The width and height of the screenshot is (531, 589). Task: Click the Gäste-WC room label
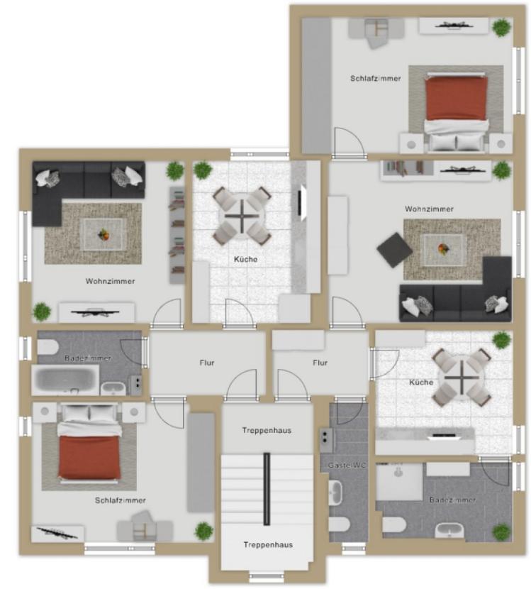(347, 466)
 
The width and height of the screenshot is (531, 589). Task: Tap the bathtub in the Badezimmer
(65, 380)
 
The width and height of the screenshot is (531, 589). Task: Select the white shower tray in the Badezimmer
(399, 482)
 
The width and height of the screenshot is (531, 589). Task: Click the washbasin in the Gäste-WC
(336, 492)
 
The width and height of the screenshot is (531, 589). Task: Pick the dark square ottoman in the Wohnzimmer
(394, 251)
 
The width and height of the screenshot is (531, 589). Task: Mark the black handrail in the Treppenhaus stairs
(267, 489)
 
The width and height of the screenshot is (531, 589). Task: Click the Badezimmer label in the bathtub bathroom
(88, 358)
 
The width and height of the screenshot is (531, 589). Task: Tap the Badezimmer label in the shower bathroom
(452, 500)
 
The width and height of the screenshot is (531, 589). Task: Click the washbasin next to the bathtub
(113, 388)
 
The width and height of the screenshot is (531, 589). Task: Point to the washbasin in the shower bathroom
(449, 531)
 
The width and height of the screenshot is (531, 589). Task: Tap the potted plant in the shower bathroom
(501, 532)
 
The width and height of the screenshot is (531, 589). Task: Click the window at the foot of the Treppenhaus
(267, 575)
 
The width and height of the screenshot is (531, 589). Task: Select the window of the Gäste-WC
(354, 548)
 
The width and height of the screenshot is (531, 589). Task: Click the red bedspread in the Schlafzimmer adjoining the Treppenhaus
(89, 457)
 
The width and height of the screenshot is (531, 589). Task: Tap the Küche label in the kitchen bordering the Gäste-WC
(421, 382)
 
